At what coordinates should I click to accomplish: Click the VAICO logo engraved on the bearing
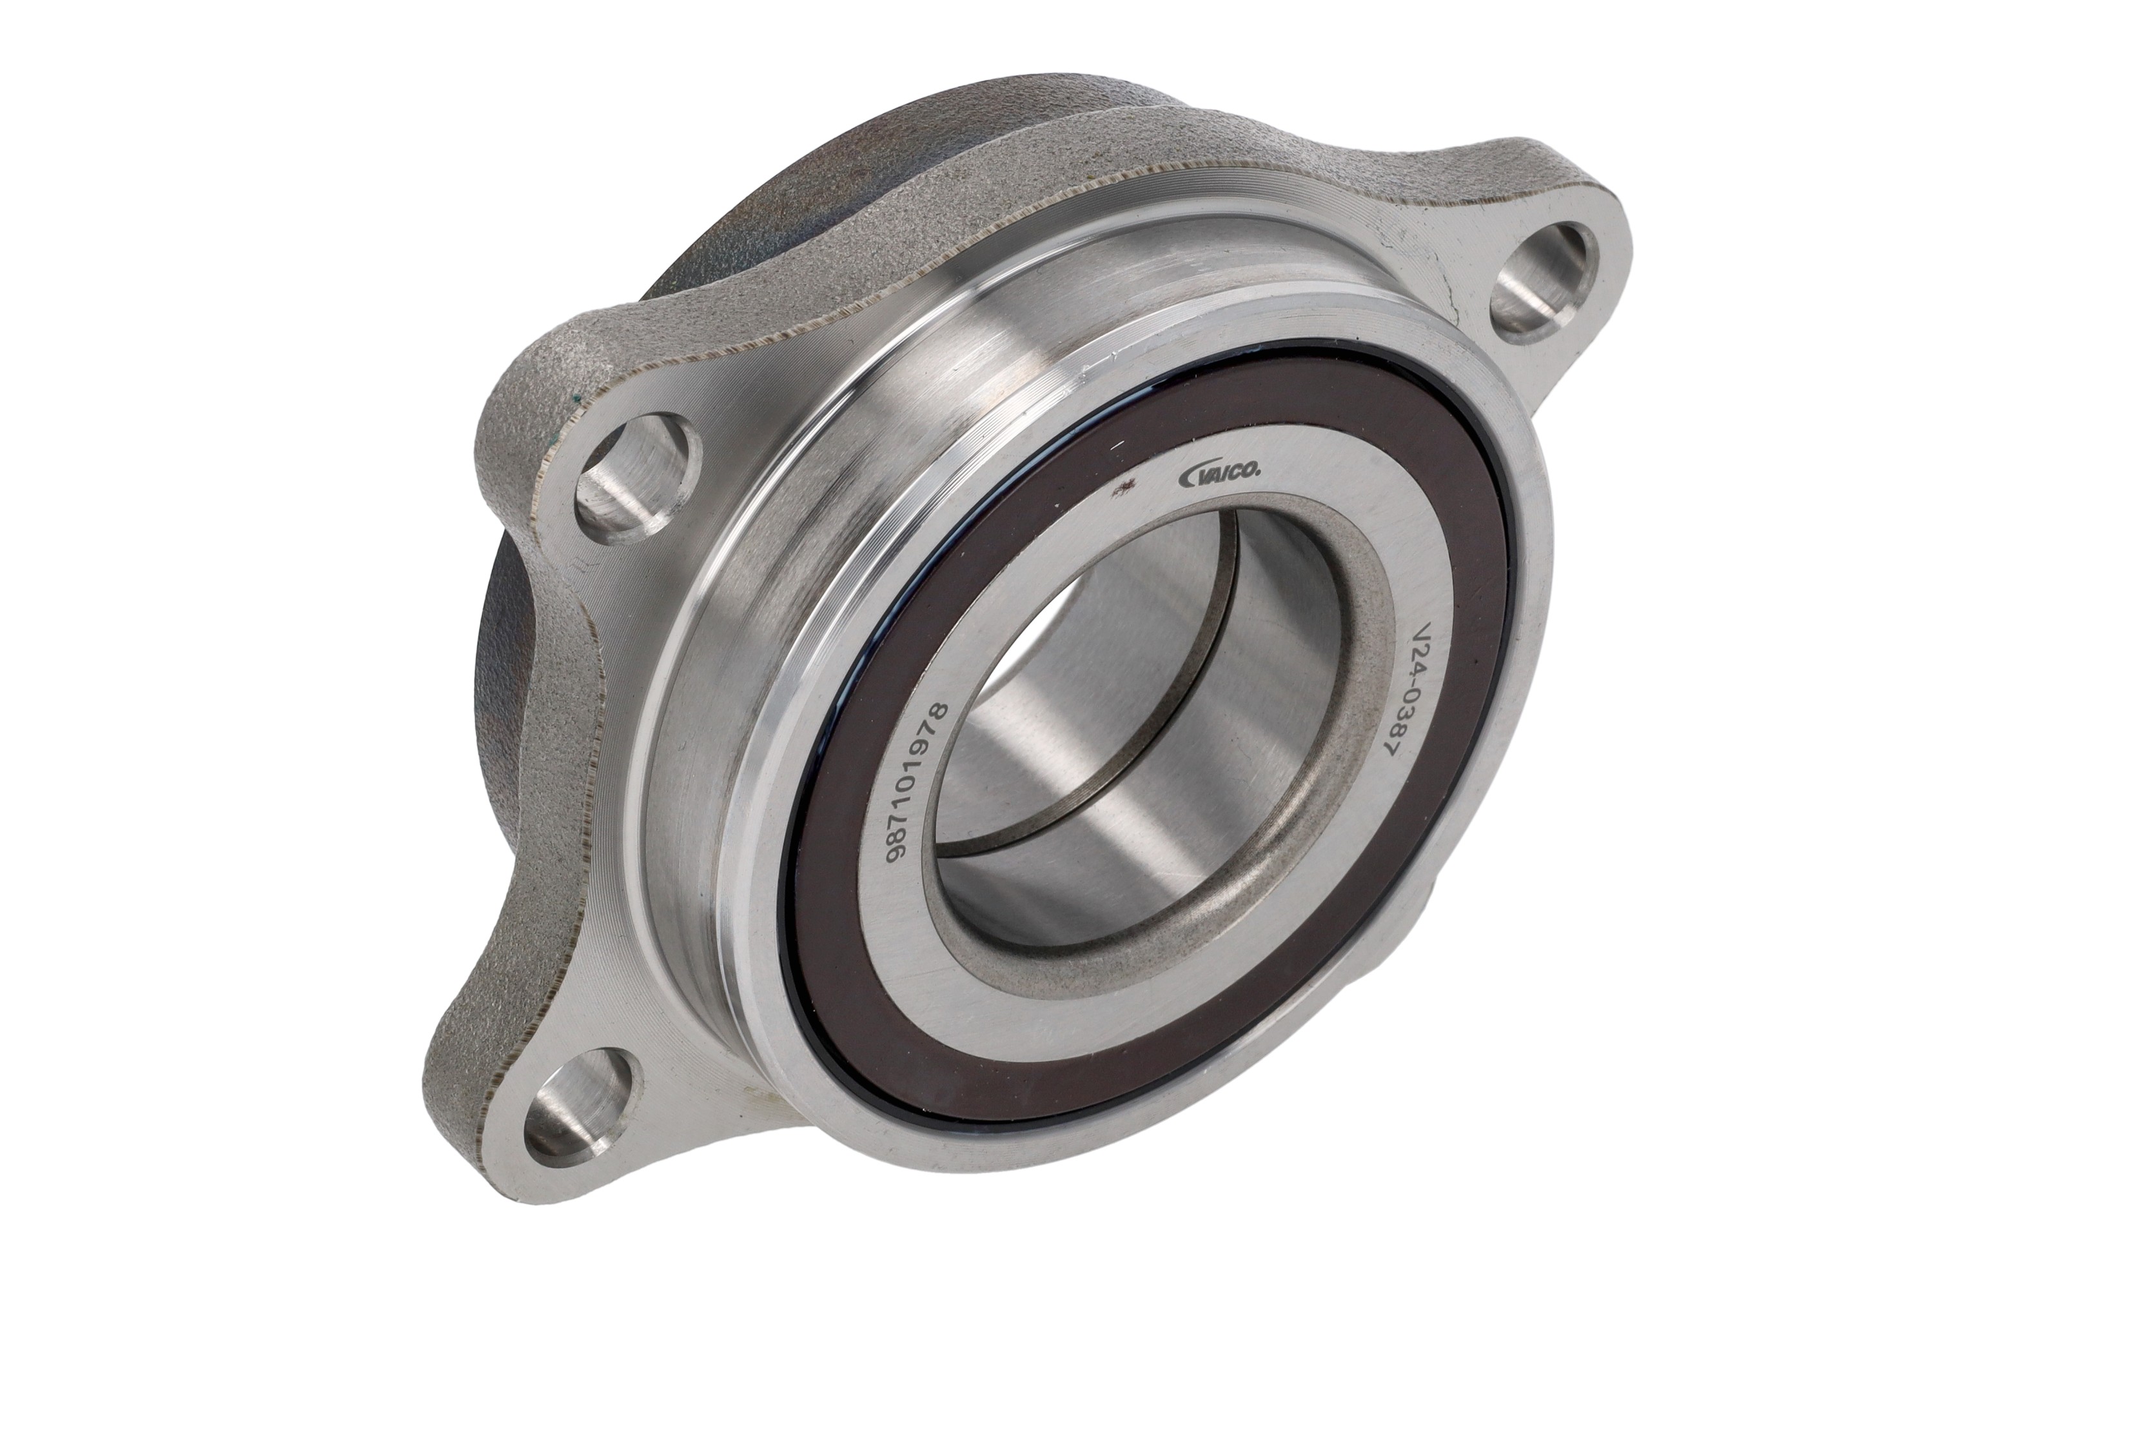1221,473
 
